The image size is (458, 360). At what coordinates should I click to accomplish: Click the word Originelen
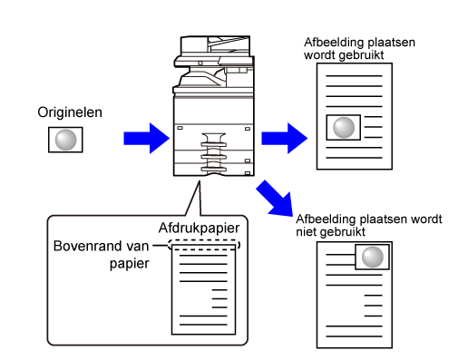[70, 112]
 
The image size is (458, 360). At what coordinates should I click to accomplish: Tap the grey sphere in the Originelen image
[65, 140]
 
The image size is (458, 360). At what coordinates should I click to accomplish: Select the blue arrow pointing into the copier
[146, 139]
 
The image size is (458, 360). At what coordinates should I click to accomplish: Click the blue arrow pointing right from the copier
[284, 139]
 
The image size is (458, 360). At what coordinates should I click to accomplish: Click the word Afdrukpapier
[199, 228]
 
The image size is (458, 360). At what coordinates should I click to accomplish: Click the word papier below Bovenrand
[130, 264]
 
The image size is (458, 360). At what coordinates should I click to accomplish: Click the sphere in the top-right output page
[344, 128]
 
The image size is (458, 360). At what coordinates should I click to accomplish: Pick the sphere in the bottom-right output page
[373, 257]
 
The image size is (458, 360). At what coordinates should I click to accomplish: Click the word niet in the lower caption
[306, 232]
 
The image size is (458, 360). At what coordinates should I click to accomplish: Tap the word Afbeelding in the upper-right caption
[330, 43]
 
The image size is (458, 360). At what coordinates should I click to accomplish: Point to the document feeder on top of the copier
[215, 46]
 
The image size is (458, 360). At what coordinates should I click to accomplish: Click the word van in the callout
[138, 247]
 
